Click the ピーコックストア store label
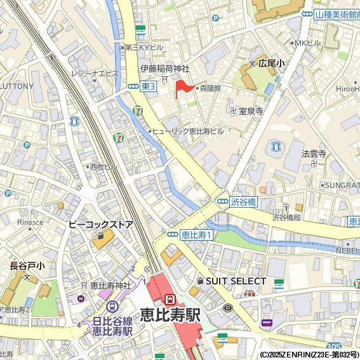100,225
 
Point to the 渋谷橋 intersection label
243,202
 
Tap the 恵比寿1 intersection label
196,234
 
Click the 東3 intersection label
148,86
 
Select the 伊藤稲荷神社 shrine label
165,69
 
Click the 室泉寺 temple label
250,110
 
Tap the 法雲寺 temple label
314,154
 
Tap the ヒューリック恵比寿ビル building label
189,131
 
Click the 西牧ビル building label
103,166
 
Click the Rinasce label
30,222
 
